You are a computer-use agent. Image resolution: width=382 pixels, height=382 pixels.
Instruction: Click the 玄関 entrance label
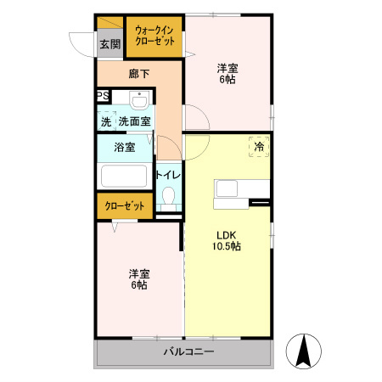(109, 43)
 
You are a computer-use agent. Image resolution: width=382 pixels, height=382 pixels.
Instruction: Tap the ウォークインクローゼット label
(155, 37)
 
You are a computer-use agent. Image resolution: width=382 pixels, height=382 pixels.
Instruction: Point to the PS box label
(102, 96)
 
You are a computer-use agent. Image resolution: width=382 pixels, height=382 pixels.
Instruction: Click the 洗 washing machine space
(106, 121)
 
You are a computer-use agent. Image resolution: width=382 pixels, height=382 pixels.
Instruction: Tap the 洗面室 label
(135, 121)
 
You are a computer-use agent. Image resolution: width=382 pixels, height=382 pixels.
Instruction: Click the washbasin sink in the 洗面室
(141, 99)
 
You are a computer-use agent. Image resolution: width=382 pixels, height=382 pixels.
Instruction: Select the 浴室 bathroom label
(125, 147)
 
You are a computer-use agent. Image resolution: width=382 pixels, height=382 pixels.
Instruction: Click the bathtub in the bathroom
(125, 177)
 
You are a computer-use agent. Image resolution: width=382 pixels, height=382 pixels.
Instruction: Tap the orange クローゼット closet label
(124, 205)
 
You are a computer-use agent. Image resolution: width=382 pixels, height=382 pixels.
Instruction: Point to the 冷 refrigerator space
(259, 146)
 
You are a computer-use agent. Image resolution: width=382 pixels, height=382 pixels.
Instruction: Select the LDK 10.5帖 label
(227, 240)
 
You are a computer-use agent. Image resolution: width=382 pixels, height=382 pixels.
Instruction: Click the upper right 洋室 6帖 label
(226, 73)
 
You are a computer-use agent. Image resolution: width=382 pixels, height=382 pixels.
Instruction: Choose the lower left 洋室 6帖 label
(139, 279)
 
